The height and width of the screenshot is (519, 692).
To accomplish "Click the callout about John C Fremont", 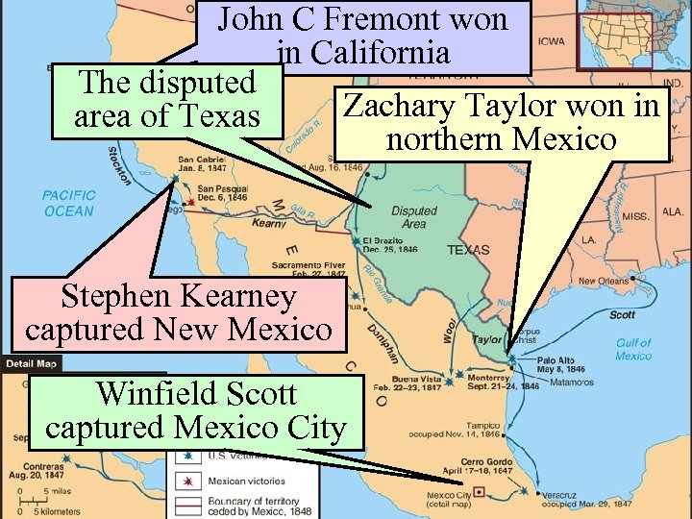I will coord(363,37).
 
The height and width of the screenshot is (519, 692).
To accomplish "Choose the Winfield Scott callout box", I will coord(196,410).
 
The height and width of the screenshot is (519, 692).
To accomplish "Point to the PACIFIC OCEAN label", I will coord(68,203).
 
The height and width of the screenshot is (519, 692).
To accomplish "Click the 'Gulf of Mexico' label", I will coord(633,349).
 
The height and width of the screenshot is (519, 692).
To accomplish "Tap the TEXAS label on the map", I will coord(468,250).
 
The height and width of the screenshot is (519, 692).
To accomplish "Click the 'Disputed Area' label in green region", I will coord(413,216).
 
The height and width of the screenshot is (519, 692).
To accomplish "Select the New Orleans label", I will coord(604,281).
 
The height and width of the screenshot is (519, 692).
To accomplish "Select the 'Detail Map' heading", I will coord(32,364).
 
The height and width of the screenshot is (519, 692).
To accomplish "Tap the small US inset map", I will coord(614,35).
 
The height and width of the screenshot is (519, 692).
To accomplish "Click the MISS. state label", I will coord(636,216).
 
